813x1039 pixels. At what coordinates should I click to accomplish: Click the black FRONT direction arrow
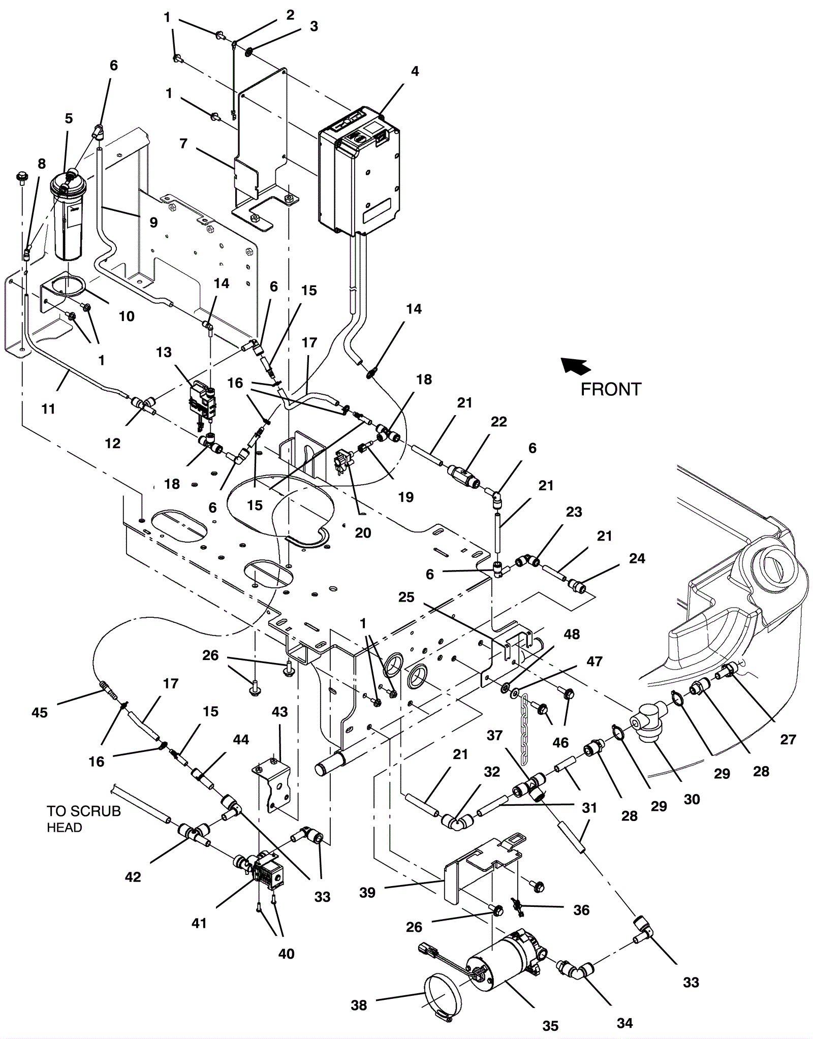[576, 366]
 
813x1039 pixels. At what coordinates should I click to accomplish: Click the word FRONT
[611, 390]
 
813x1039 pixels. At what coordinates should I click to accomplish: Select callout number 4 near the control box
[415, 72]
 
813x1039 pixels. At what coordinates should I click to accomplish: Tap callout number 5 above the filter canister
[69, 118]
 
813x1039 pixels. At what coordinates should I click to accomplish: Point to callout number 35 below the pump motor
[550, 1026]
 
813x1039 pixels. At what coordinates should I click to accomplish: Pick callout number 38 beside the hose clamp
[359, 1005]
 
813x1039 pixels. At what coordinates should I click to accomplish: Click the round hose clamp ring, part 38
[441, 990]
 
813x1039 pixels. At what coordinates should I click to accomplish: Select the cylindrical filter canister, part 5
[69, 218]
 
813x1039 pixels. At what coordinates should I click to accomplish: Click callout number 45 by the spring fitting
[40, 713]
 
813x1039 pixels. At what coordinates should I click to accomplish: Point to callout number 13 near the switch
[164, 353]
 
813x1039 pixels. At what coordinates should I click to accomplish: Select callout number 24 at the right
[637, 558]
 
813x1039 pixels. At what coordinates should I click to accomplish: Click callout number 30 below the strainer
[692, 799]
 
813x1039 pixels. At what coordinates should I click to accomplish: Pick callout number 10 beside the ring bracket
[127, 317]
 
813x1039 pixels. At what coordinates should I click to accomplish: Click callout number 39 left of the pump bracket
[367, 893]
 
